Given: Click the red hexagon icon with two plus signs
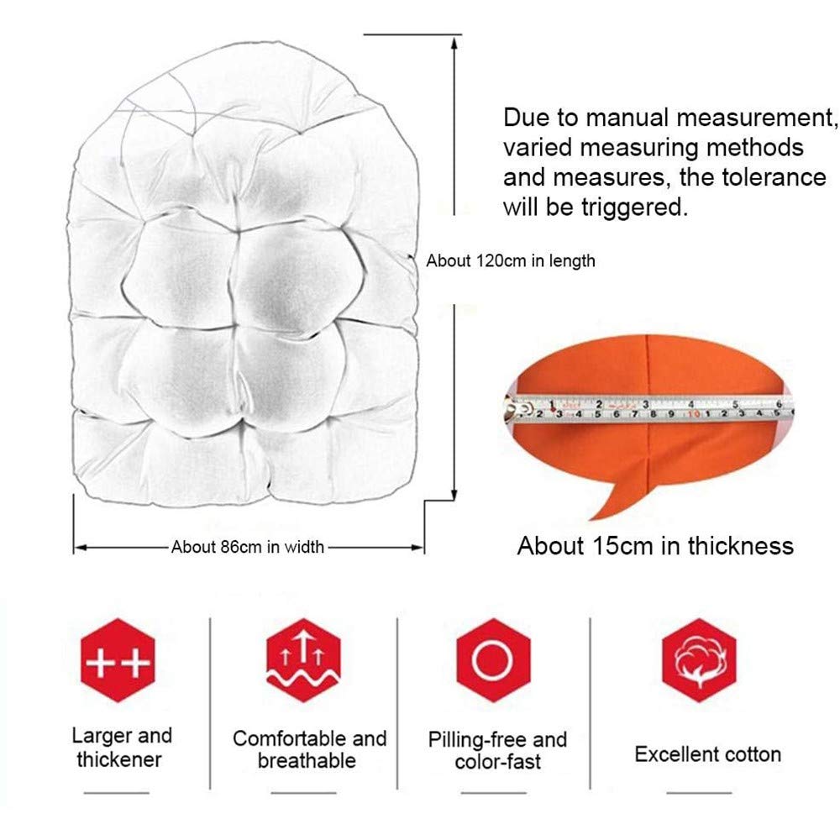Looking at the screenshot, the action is (118, 660).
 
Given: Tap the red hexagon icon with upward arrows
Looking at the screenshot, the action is (303, 660).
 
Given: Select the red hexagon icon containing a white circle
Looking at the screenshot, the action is (493, 660).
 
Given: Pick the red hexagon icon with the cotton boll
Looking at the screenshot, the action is (699, 660).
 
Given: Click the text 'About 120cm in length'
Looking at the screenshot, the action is (511, 261).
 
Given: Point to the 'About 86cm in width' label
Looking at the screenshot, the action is (248, 547).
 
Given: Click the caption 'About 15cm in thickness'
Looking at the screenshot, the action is (655, 546).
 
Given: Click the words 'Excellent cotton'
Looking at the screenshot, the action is (707, 754).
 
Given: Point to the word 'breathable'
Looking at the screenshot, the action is (307, 761).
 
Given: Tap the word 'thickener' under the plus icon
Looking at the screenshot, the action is (119, 759).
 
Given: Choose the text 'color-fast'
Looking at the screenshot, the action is (497, 762).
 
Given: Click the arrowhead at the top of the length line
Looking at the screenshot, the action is (454, 43).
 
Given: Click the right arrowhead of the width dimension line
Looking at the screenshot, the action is (417, 548).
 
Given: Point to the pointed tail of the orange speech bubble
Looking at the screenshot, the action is (591, 518).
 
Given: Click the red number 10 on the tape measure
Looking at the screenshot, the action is (694, 414).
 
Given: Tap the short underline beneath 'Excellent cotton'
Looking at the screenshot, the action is (699, 792).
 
